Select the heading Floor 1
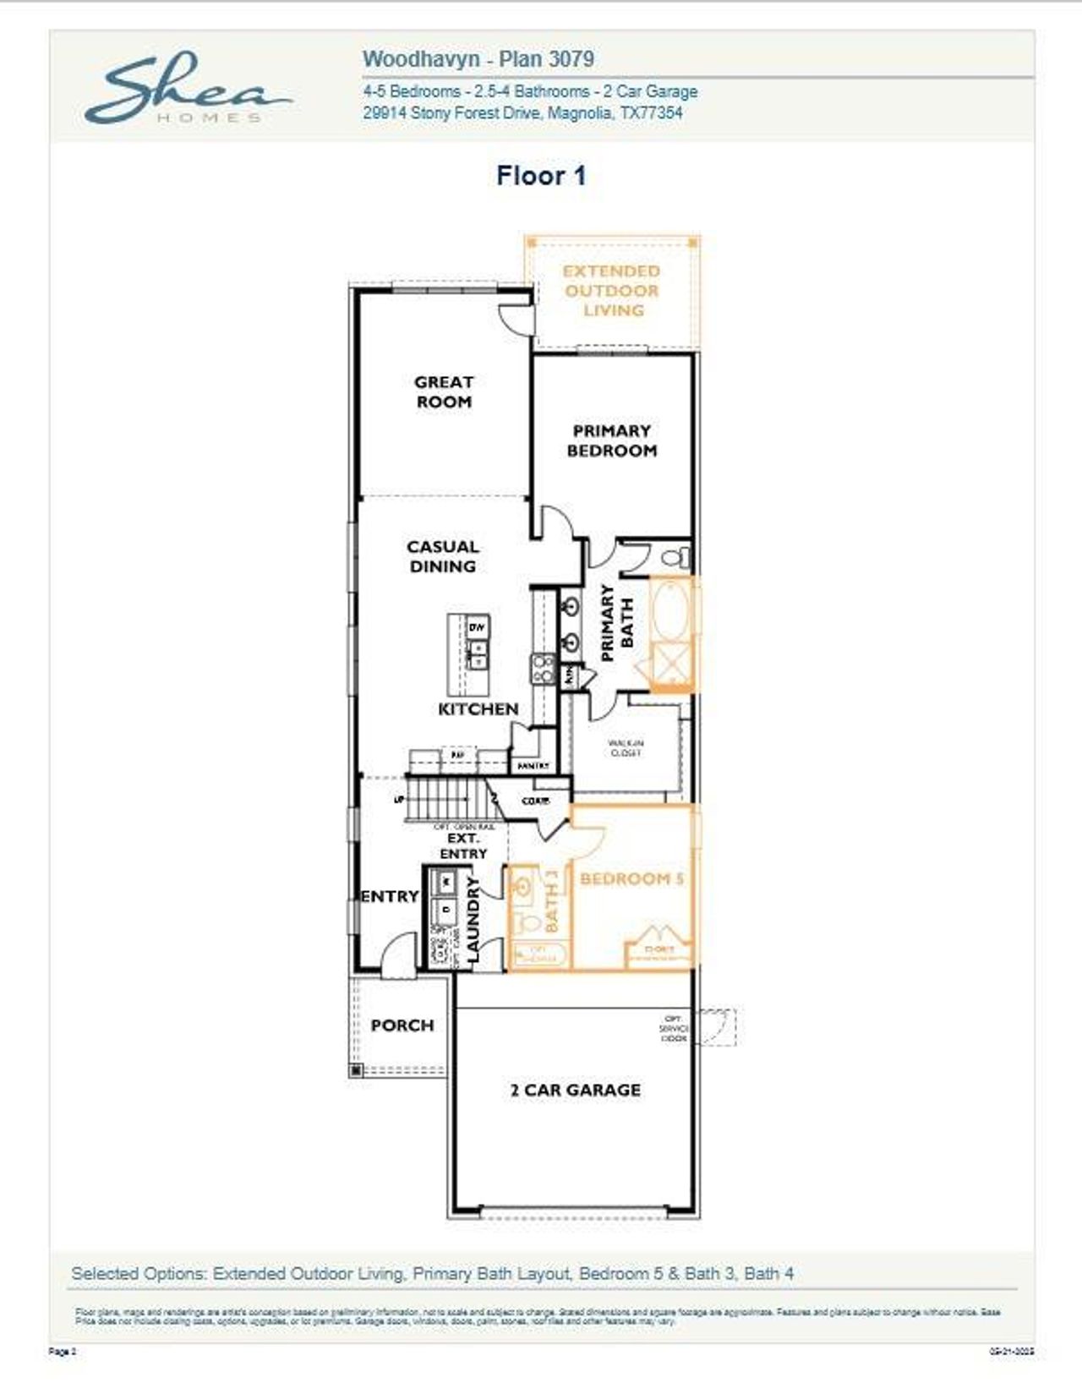point(541,176)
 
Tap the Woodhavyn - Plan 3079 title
point(478,59)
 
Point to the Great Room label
point(444,392)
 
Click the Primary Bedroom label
point(611,440)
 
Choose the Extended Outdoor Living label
point(612,290)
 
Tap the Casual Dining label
point(443,556)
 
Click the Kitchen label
point(478,708)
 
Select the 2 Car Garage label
point(575,1090)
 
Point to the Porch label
point(402,1025)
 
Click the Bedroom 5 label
point(631,878)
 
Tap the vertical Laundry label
point(473,919)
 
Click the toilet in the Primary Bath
point(675,558)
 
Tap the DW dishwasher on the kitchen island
point(477,627)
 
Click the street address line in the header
point(522,112)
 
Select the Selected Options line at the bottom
point(432,1273)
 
